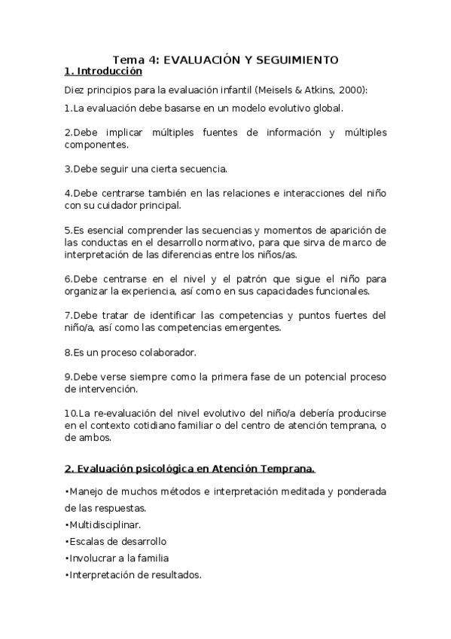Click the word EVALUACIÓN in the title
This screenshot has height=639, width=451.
[x=197, y=60]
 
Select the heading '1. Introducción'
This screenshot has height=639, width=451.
[x=103, y=72]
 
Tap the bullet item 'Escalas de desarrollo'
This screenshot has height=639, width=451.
[x=116, y=541]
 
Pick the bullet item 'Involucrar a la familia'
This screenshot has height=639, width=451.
[x=117, y=558]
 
